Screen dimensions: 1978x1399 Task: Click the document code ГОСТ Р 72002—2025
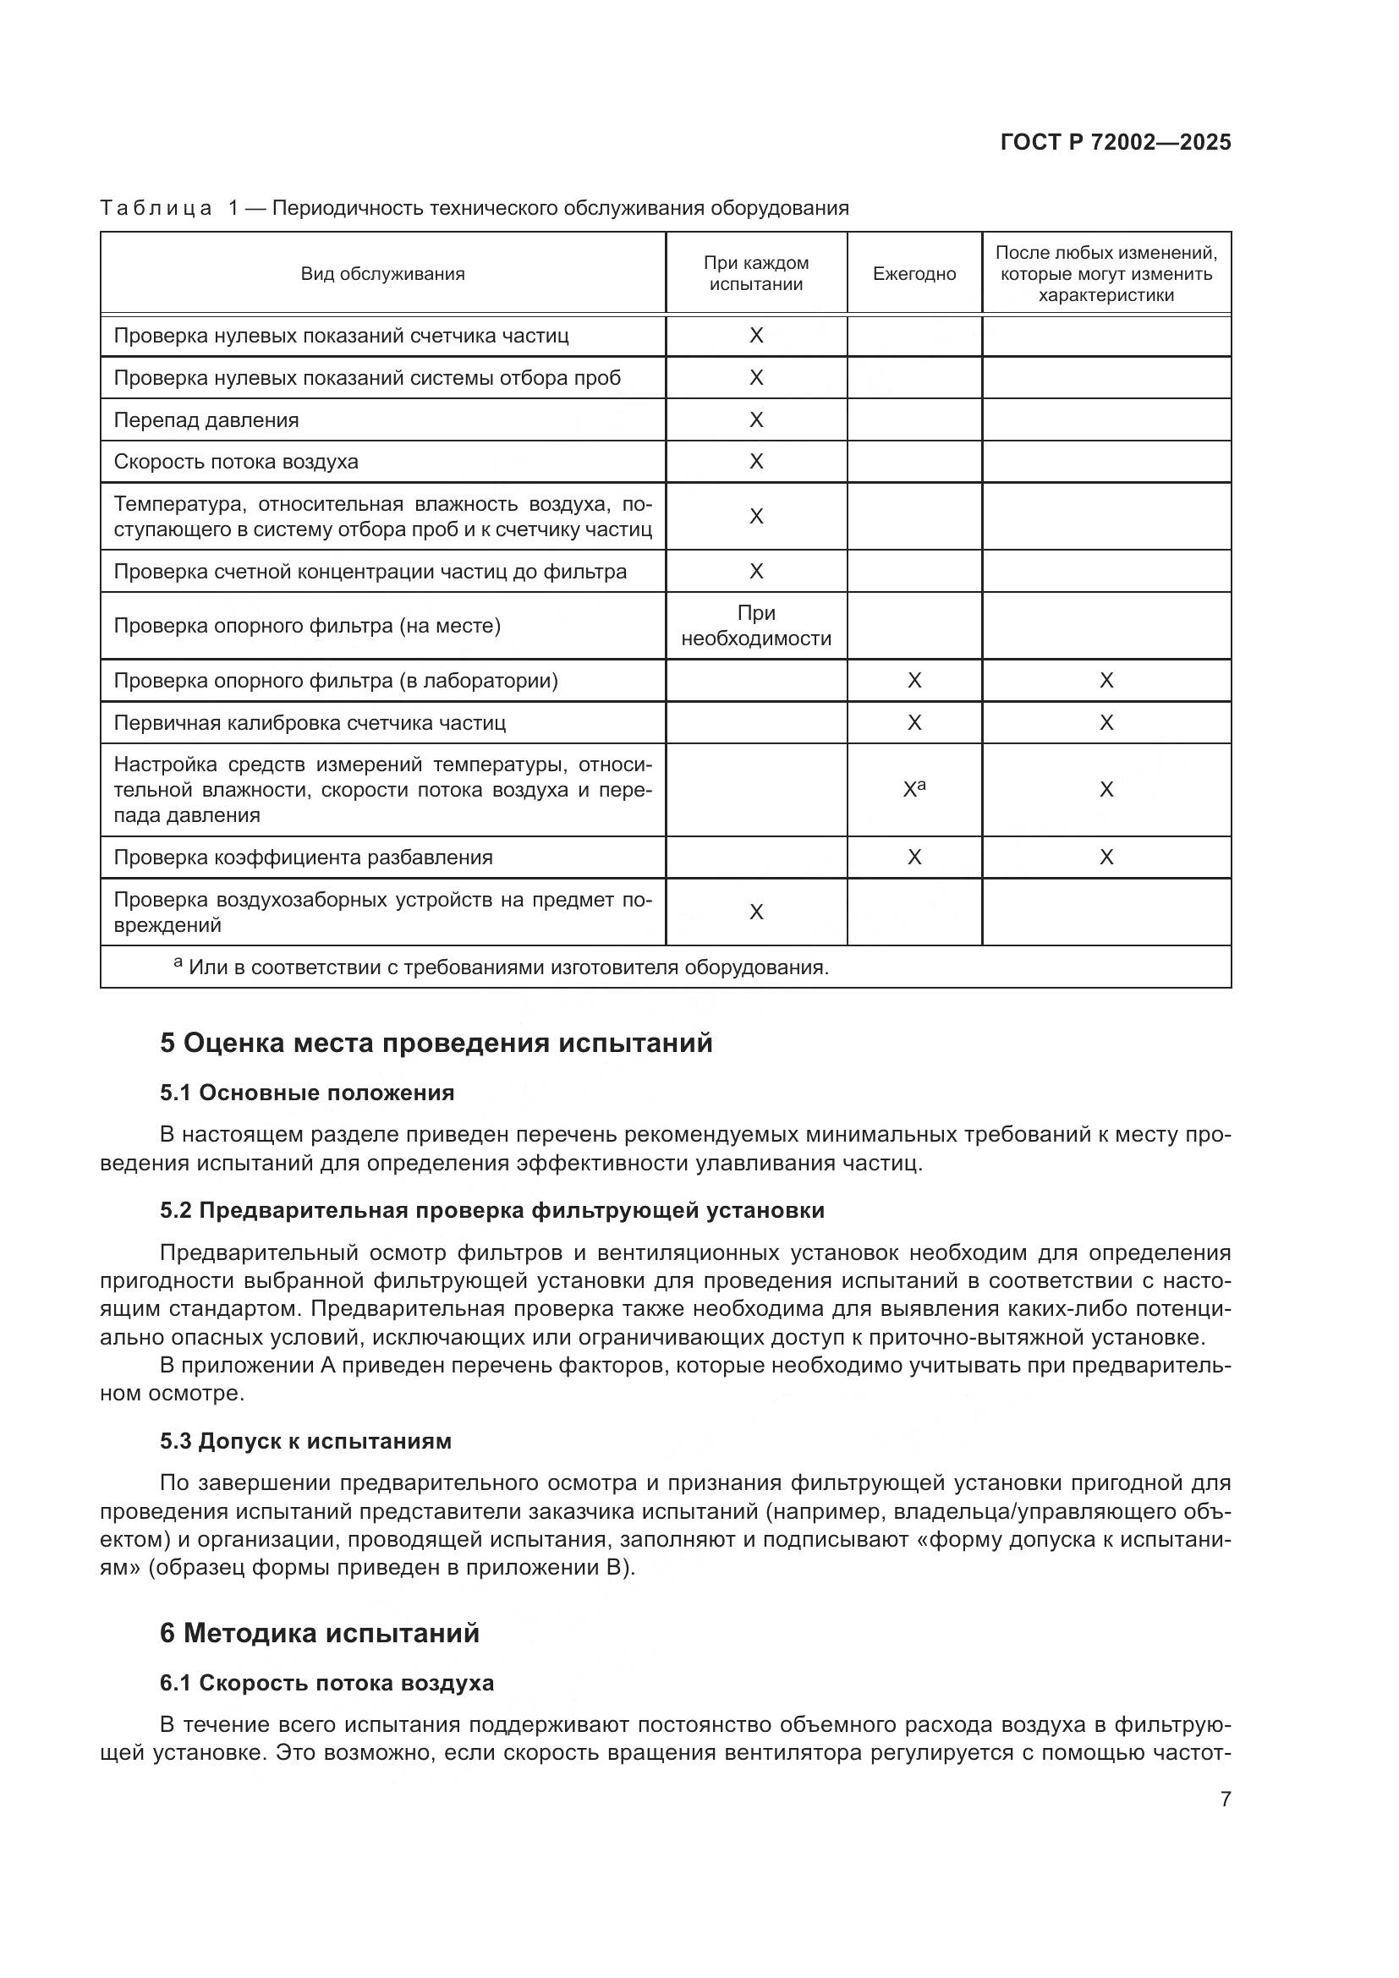click(1116, 142)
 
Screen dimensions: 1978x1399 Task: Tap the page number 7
click(1225, 1799)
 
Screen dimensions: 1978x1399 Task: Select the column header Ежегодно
click(914, 274)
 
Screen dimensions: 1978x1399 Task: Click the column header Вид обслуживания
click(382, 274)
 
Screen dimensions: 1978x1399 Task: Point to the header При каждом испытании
click(755, 274)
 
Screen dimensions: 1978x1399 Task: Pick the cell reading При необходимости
click(755, 626)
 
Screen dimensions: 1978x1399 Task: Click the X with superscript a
click(914, 788)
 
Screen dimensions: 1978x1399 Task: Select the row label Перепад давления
click(206, 420)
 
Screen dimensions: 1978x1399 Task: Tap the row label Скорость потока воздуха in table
click(236, 462)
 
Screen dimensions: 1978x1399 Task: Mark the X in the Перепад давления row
click(755, 419)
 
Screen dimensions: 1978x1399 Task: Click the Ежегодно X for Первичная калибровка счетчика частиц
click(914, 723)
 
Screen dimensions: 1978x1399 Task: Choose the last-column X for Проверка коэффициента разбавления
click(1106, 857)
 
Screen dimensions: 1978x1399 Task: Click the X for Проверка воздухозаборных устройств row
click(755, 912)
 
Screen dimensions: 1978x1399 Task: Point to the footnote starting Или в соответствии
click(508, 967)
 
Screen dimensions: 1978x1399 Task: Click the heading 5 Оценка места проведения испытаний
click(436, 1044)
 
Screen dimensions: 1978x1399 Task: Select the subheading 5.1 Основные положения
click(307, 1093)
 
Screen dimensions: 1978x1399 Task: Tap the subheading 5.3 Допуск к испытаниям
click(305, 1441)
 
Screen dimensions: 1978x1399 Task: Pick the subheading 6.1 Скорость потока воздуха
click(326, 1684)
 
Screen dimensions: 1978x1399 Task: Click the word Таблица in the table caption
click(156, 209)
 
